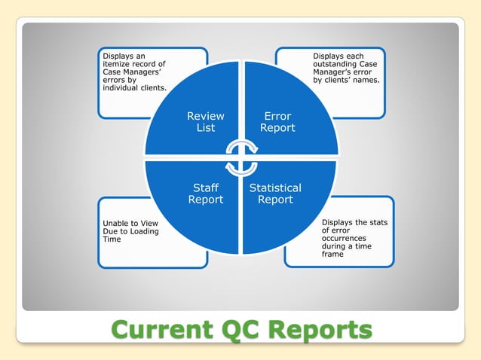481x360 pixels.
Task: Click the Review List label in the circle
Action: click(205, 122)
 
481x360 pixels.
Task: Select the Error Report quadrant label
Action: click(277, 122)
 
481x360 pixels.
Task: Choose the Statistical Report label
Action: click(275, 194)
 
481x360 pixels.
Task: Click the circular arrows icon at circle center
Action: click(241, 157)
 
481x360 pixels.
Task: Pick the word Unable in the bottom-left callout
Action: click(115, 223)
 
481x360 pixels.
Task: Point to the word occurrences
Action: click(345, 239)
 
